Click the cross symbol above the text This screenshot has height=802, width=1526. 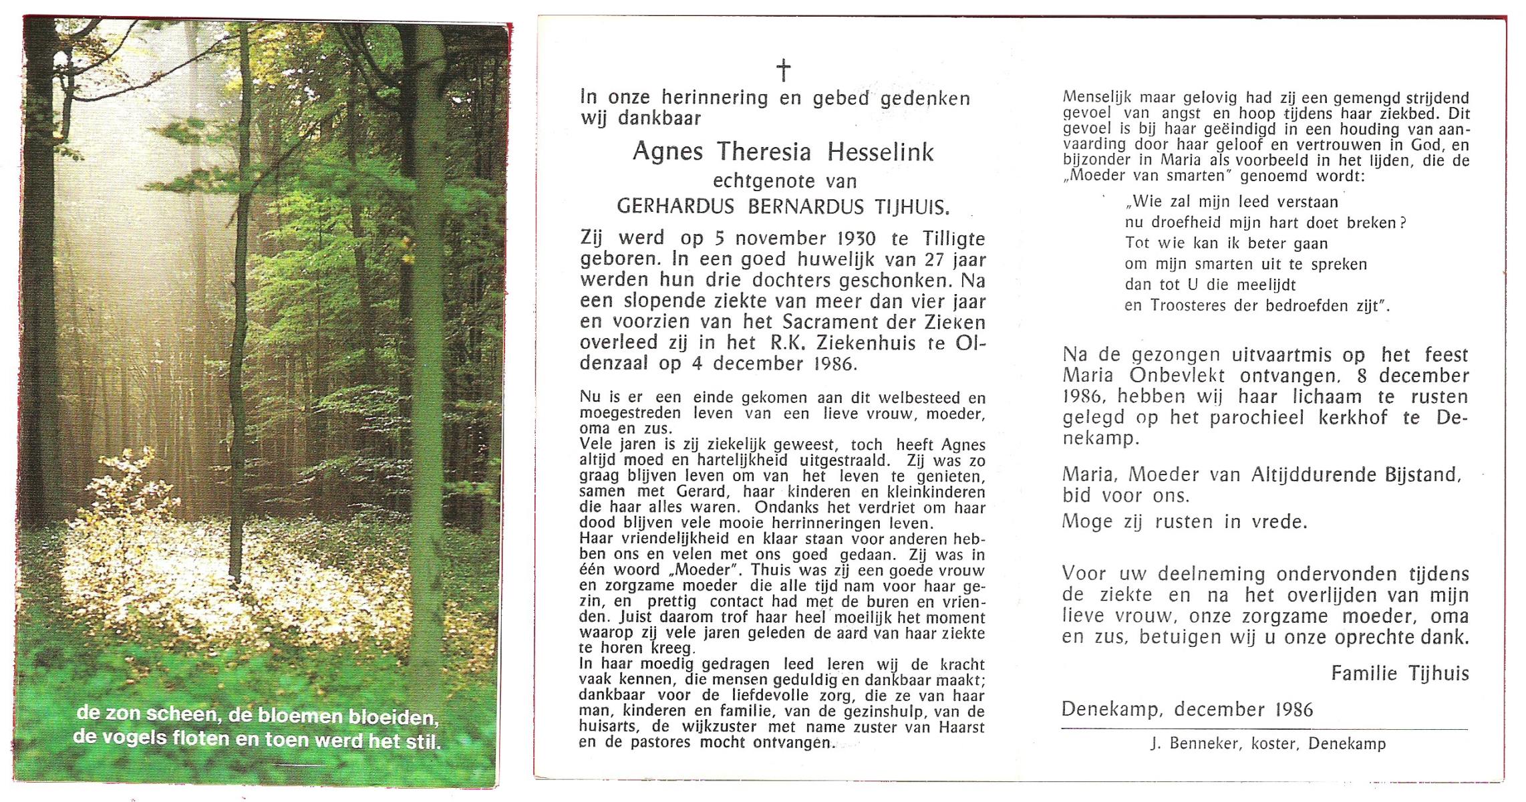783,70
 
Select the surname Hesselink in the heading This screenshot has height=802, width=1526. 880,152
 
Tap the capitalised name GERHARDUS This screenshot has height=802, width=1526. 675,207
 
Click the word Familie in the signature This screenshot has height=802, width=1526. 1364,673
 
